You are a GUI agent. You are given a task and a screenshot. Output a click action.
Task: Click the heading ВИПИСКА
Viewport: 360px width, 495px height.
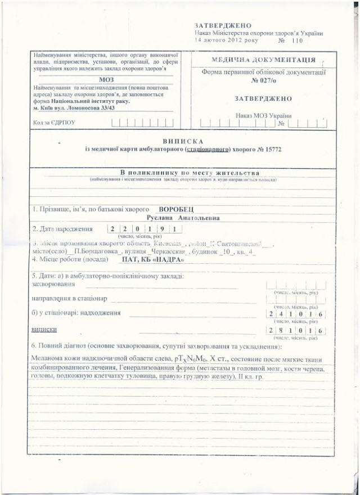[x=182, y=140]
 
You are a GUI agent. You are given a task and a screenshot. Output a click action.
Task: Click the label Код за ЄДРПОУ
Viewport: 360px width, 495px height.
[x=54, y=121]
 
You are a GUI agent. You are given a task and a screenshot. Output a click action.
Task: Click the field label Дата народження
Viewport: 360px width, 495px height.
[x=62, y=229]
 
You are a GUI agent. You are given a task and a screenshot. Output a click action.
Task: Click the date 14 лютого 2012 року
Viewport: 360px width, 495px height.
[x=220, y=42]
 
